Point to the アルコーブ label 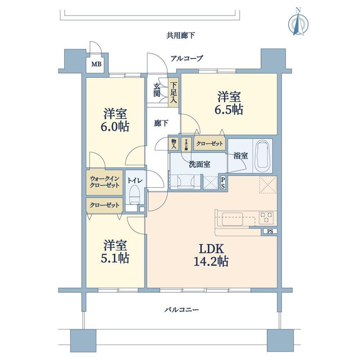[x=187, y=59]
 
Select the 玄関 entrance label [x=157, y=90]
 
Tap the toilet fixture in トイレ [x=134, y=195]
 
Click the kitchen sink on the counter [x=233, y=218]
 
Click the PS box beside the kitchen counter [x=270, y=231]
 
